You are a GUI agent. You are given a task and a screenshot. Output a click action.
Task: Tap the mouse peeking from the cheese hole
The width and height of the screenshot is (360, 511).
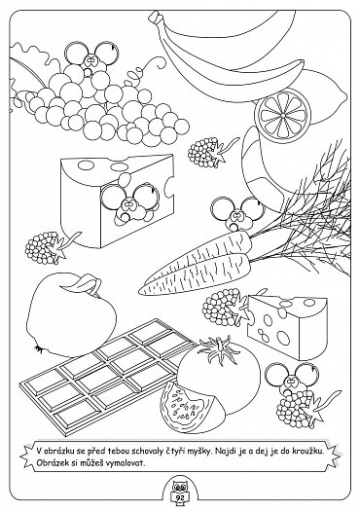point(129,202)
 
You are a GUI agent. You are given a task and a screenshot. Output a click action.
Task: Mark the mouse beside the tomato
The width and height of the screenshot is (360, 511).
point(292,378)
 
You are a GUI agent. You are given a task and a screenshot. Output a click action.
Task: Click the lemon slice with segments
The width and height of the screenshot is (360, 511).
point(283,115)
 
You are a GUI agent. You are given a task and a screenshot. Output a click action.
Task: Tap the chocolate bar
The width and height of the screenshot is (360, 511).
point(107,377)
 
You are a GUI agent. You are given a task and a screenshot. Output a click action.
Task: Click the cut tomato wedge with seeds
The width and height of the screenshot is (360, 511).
point(186,408)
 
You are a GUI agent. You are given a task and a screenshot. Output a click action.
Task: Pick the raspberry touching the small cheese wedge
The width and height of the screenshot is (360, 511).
point(226,307)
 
